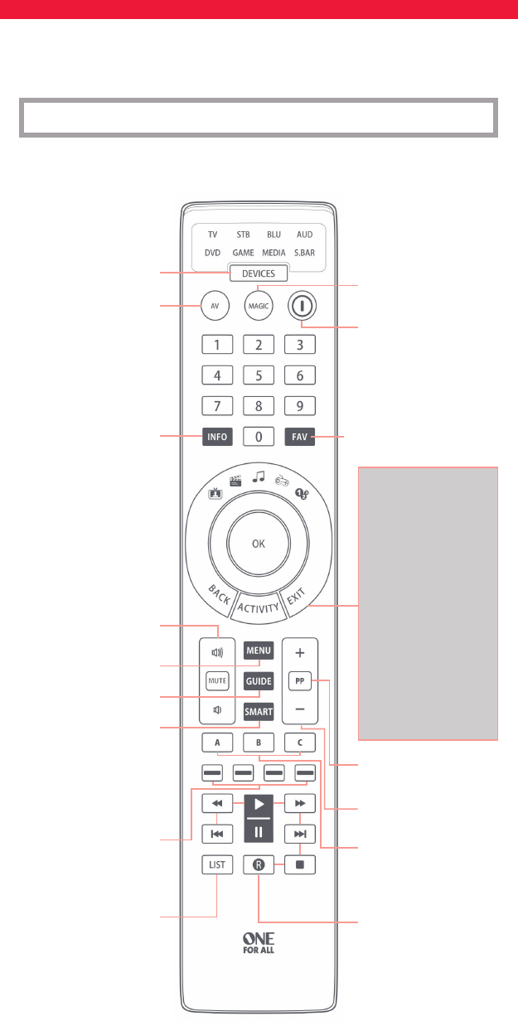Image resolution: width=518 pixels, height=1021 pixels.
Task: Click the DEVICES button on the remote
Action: click(259, 274)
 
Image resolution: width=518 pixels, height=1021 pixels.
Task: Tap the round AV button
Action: click(217, 305)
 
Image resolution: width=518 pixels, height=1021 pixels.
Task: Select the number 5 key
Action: click(259, 375)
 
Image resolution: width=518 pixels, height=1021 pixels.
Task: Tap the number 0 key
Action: click(259, 437)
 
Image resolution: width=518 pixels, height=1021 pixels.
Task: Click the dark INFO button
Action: click(217, 437)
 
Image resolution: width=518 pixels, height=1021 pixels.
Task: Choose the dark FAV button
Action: click(301, 437)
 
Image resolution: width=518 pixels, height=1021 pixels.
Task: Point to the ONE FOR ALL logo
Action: click(259, 944)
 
